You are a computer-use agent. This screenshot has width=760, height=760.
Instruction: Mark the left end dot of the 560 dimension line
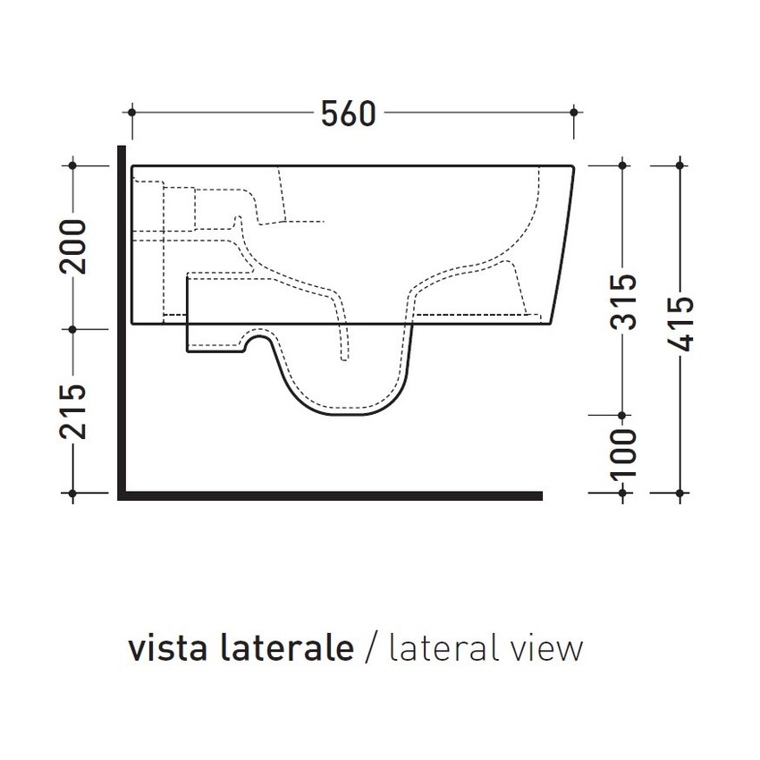[132, 112]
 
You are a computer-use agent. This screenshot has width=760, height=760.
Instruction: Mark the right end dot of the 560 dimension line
[573, 112]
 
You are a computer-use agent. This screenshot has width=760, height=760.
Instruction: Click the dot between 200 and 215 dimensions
[73, 328]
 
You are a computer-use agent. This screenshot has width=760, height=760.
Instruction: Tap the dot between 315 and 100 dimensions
[623, 415]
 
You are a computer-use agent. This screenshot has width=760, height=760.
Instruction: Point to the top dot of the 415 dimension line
[681, 165]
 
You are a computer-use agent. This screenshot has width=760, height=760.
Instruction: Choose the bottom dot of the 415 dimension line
[681, 493]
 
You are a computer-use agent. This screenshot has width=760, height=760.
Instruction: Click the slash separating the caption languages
[372, 648]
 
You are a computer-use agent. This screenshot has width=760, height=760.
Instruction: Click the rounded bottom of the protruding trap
[344, 413]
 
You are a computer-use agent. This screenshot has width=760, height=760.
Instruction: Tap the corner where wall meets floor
[122, 494]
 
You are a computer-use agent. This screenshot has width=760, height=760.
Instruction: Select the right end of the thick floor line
[540, 494]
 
